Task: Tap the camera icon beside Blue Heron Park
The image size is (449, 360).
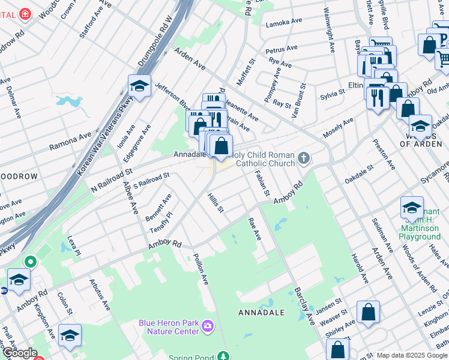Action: [x=208, y=326]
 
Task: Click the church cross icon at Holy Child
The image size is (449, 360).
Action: [x=304, y=158]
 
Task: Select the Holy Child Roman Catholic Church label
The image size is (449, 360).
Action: [x=262, y=159]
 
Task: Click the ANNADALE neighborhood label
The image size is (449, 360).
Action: [x=261, y=313]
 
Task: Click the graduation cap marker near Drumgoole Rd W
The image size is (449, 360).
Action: [x=139, y=86]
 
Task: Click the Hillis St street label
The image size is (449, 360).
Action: [x=215, y=202]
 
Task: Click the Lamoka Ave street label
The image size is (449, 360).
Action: [x=284, y=22]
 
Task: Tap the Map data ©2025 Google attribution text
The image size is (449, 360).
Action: [x=411, y=355]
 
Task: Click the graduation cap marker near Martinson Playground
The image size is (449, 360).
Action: [x=412, y=208]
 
